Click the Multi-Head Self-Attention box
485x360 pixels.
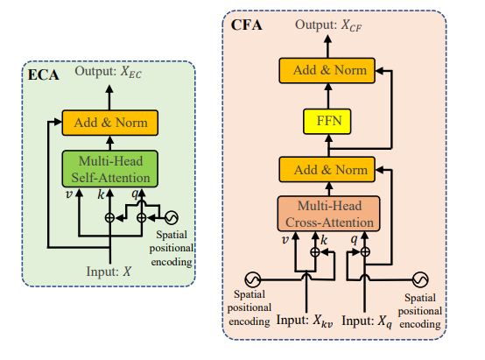pos(110,169)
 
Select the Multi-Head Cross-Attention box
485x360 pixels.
pos(329,214)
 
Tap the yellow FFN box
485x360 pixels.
pos(327,122)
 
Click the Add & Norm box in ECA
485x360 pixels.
pos(110,123)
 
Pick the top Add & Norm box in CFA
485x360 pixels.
pos(327,71)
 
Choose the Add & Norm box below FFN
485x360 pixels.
pos(327,170)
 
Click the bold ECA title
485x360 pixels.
pos(43,75)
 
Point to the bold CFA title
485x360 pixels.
pos(247,25)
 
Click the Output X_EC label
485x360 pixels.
pos(109,72)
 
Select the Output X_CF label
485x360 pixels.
pos(328,25)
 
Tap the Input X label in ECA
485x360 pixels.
pos(109,272)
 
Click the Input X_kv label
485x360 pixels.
pos(305,321)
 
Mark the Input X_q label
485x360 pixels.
pos(367,321)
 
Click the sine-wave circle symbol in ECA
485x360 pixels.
pos(172,217)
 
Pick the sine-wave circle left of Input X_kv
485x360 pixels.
pos(253,279)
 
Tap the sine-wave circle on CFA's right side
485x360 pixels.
pos(420,279)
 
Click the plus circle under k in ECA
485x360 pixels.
pos(109,218)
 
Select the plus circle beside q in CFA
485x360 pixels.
pos(365,252)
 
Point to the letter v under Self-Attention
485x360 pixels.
pos(69,194)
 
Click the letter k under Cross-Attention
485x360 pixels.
pos(324,240)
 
